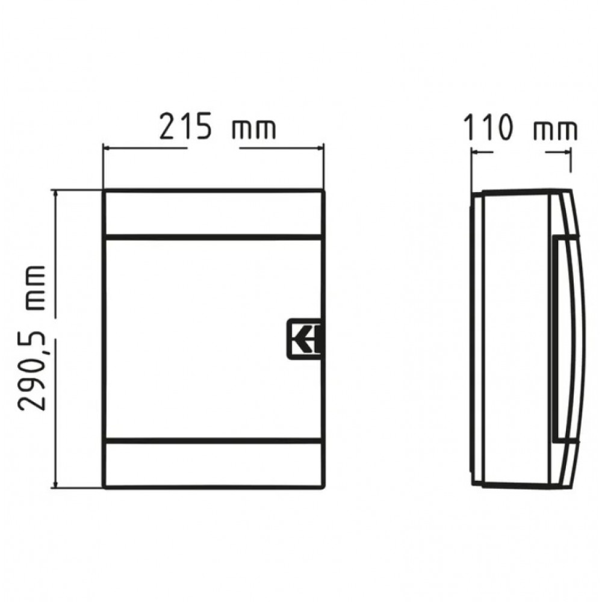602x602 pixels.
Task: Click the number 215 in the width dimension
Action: pyautogui.click(x=185, y=126)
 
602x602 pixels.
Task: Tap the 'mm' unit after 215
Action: pyautogui.click(x=254, y=129)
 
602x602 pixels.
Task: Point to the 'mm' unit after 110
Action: pyautogui.click(x=556, y=130)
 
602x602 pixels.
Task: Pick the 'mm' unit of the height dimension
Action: pyautogui.click(x=36, y=287)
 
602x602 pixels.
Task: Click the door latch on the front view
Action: pyautogui.click(x=305, y=338)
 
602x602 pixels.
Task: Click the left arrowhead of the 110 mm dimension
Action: pyautogui.click(x=477, y=152)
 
